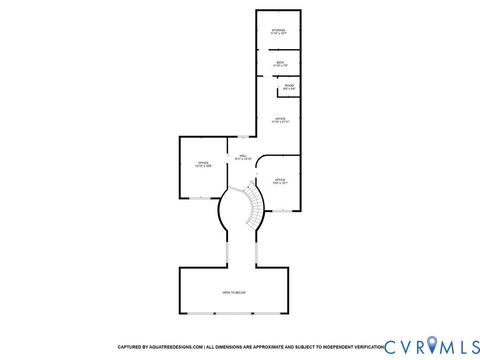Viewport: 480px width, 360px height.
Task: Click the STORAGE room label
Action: click(x=279, y=31)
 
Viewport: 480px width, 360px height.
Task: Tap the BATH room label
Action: click(x=279, y=64)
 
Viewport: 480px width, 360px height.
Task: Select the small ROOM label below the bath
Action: click(x=289, y=87)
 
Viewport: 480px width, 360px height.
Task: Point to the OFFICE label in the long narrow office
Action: click(x=281, y=120)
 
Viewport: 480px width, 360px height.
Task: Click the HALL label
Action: click(x=242, y=156)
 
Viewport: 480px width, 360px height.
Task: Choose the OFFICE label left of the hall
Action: click(x=202, y=163)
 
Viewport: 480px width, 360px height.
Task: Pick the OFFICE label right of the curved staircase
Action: click(x=280, y=181)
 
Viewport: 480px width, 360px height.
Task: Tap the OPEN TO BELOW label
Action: click(x=234, y=292)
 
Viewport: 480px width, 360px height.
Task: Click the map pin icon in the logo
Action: click(x=432, y=345)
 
